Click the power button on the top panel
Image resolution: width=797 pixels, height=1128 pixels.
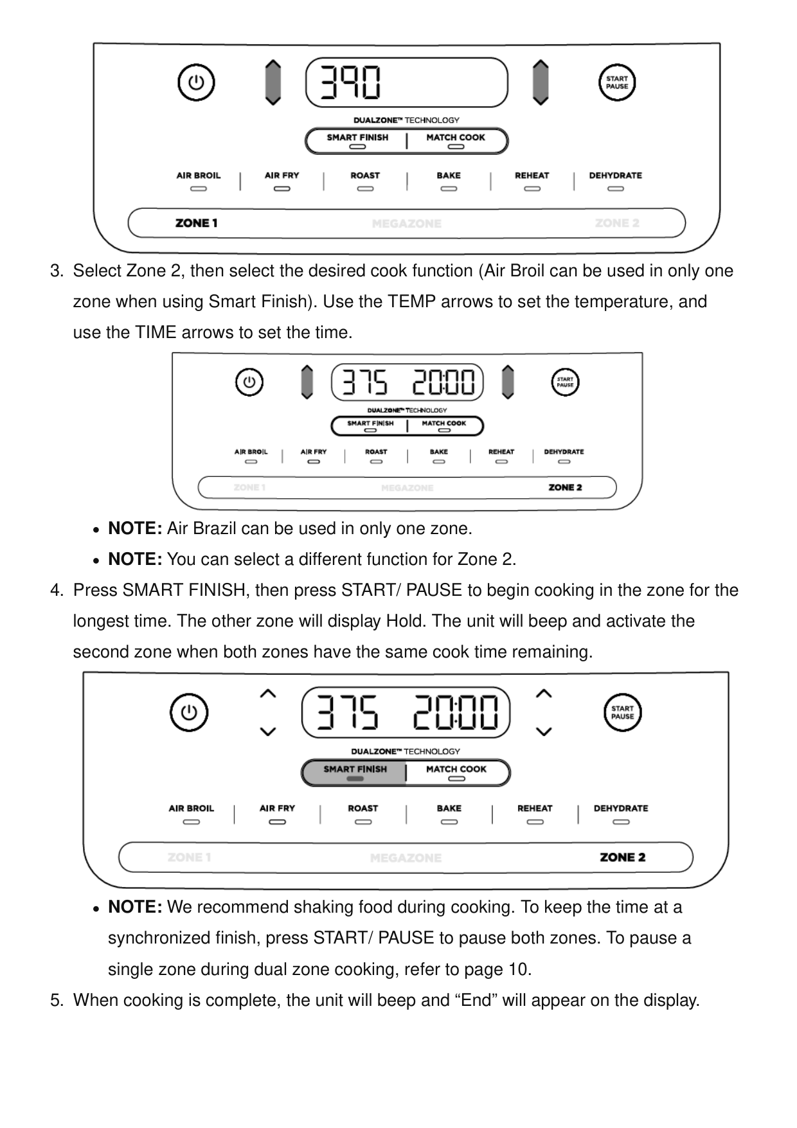tap(196, 83)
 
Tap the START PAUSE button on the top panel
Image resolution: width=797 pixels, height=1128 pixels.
tap(617, 83)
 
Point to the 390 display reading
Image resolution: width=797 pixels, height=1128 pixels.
tap(351, 82)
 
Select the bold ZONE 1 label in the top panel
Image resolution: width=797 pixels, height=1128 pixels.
tap(196, 224)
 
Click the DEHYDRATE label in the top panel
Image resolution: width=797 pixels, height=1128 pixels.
tap(615, 175)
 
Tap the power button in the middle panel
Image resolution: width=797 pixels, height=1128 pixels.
tap(249, 383)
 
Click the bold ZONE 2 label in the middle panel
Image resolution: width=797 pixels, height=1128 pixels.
tap(565, 488)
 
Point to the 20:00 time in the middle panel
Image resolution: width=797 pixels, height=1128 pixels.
tap(443, 383)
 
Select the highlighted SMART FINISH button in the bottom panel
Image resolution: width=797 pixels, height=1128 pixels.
tap(355, 772)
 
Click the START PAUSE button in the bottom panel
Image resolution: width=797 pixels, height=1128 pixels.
tap(622, 713)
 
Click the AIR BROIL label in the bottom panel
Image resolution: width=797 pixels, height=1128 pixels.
tap(191, 809)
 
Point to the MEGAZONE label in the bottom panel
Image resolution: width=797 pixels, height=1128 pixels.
tap(406, 858)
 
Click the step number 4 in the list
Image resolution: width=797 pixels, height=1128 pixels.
tap(57, 591)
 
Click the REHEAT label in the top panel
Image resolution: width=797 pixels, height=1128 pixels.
tap(532, 175)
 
